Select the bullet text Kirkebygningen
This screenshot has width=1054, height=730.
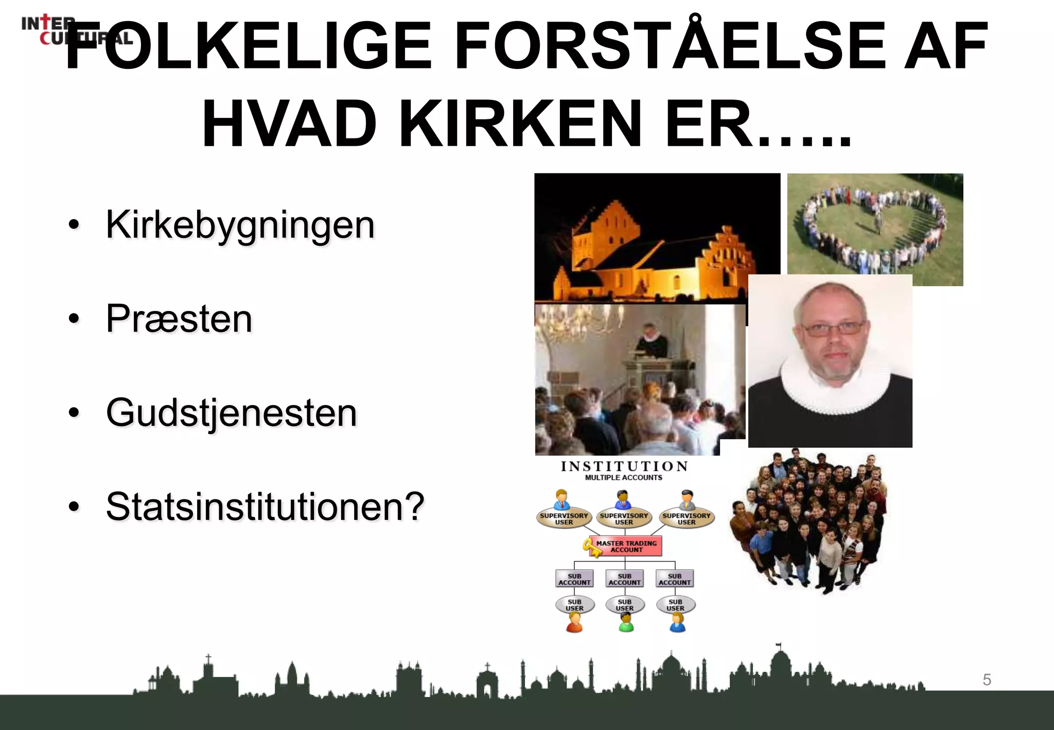coord(240,225)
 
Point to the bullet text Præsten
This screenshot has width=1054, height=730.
coord(179,319)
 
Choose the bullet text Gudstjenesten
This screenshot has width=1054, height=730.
coord(232,413)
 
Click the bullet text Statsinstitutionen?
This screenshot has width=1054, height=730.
coord(265,507)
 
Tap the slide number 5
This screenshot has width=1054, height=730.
coord(987,680)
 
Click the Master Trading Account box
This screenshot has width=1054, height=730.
coord(627,546)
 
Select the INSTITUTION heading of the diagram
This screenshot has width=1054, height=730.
coord(624,466)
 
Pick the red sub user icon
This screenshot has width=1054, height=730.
coord(574,623)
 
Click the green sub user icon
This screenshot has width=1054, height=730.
coord(626,623)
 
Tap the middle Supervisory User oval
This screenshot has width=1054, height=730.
coord(624,518)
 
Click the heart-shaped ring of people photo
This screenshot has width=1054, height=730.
coord(875,229)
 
